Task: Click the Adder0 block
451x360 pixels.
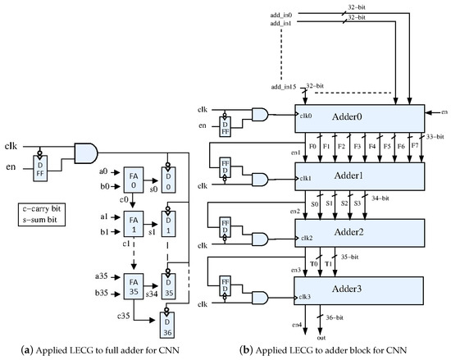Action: coord(358,116)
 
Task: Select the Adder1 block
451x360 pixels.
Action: coord(358,175)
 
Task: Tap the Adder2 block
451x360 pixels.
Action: coord(358,233)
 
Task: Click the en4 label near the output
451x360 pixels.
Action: coord(298,326)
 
